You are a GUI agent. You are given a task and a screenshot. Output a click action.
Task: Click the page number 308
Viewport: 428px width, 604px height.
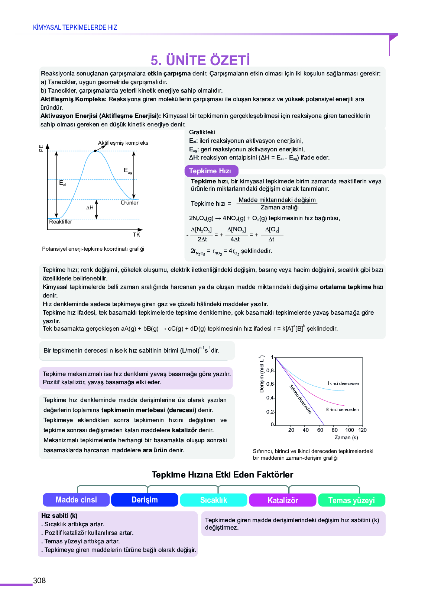(39, 581)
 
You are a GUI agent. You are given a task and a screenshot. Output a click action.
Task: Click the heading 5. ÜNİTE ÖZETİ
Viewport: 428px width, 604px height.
(200, 60)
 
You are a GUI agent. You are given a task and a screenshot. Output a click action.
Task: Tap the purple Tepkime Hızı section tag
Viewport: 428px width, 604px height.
(211, 171)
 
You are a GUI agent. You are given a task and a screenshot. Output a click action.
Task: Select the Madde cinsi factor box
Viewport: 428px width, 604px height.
(76, 500)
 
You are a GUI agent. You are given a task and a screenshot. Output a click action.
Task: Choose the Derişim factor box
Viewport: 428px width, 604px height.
(145, 500)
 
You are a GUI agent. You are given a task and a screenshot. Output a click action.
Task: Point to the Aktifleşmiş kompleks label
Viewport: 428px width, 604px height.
(123, 143)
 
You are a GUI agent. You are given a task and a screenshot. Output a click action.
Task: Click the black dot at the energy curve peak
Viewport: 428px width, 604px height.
(95, 151)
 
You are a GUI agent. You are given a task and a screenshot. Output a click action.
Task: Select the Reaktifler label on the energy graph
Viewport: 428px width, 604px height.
(61, 222)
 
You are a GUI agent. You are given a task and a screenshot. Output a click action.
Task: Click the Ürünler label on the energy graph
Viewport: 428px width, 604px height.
(130, 203)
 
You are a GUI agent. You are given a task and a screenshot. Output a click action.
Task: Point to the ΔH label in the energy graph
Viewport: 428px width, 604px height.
(90, 208)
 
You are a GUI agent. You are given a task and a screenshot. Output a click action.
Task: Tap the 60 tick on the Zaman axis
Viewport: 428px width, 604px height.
(320, 430)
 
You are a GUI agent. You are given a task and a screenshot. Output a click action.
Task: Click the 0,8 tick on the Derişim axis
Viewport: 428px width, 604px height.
(270, 371)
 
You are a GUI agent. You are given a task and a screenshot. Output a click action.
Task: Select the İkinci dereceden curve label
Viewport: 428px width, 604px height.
(344, 383)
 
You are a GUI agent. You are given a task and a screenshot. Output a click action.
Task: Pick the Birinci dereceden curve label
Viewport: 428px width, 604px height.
(343, 409)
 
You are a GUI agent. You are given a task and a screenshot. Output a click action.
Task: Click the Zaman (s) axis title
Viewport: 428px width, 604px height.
(346, 437)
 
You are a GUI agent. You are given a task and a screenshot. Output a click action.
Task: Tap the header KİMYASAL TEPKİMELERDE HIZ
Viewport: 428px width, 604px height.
(75, 28)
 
